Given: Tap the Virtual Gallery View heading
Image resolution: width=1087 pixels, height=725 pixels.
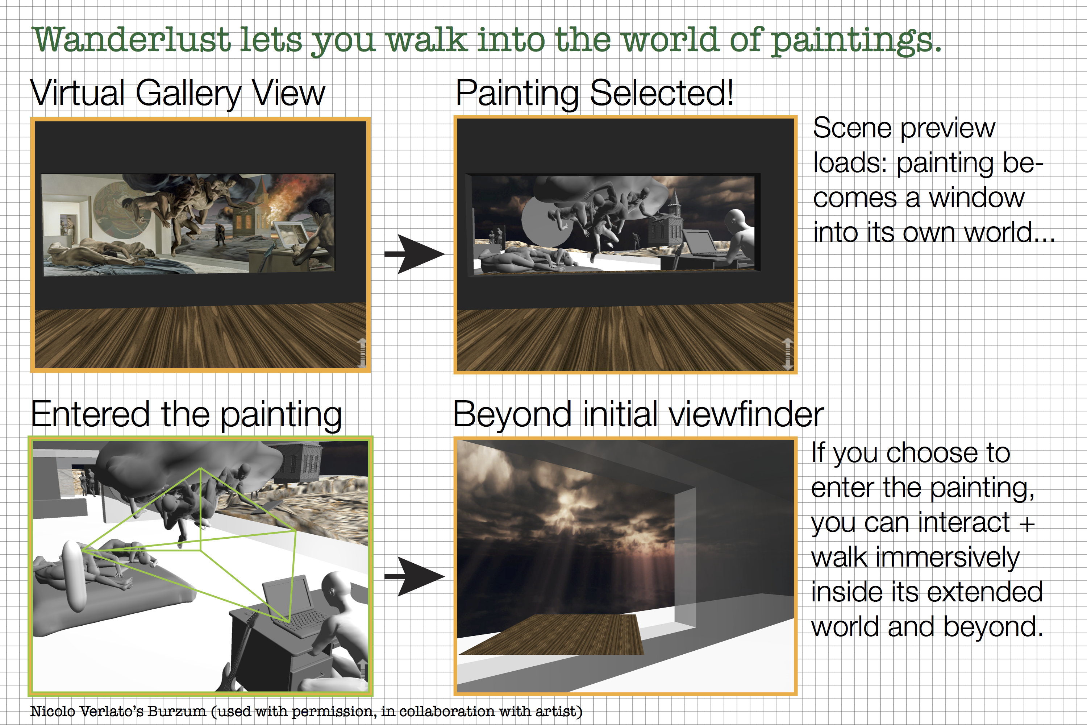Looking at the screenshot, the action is tap(178, 94).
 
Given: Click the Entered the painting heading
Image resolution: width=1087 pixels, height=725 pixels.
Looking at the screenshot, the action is tap(187, 415).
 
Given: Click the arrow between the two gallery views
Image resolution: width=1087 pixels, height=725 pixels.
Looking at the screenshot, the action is tap(415, 254).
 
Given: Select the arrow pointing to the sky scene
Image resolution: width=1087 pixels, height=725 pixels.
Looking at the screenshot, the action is tap(415, 576).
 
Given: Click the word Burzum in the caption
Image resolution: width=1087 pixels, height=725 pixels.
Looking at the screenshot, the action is tap(176, 711).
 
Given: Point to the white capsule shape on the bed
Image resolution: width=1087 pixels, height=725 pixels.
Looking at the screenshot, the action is tap(74, 575).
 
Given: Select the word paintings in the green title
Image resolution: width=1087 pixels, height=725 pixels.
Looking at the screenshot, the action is tap(855, 41).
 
